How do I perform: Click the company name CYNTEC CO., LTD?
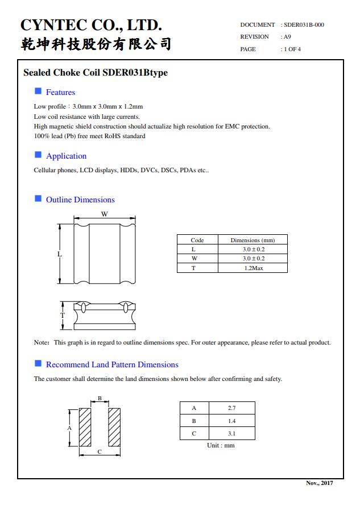(x=91, y=25)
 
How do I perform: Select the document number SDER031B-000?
(x=304, y=25)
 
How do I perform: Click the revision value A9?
(x=287, y=37)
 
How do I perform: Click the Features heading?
(x=60, y=92)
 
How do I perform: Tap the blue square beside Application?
(x=38, y=155)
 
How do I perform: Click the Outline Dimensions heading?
(x=80, y=200)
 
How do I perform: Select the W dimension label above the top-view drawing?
(x=105, y=214)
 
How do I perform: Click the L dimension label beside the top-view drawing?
(x=59, y=254)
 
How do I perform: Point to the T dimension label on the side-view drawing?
(x=63, y=315)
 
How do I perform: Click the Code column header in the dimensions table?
(x=197, y=240)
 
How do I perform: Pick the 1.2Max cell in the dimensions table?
(x=253, y=268)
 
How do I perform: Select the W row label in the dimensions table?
(x=193, y=259)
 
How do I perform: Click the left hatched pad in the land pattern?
(x=85, y=427)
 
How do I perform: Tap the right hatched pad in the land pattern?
(x=114, y=427)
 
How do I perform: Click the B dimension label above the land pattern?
(x=100, y=399)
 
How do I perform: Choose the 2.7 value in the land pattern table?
(x=231, y=408)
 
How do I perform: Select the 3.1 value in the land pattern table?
(x=231, y=433)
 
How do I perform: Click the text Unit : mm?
(x=221, y=445)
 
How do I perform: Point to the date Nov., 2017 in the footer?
(x=320, y=483)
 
